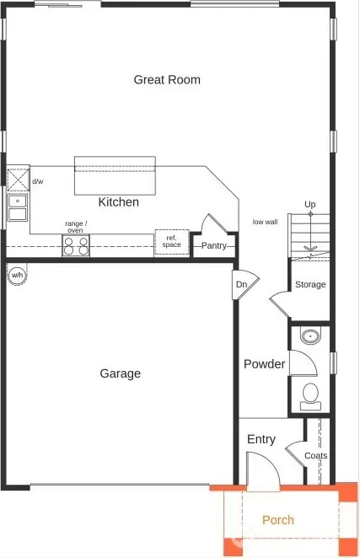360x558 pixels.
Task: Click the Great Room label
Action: coord(167,80)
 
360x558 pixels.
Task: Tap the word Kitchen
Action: coord(119,202)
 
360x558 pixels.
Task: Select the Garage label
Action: coord(120,373)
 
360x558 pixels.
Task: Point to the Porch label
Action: coord(277,520)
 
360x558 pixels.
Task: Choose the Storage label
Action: coord(309,285)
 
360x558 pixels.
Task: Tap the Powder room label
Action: coord(264,364)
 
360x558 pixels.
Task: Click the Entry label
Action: coord(261,439)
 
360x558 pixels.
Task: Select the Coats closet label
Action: coord(315,456)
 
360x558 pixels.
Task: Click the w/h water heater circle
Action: coord(17,275)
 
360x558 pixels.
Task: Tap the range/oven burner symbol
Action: coord(76,245)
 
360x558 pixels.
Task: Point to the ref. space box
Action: coord(171,242)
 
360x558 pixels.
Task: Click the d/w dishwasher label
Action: coord(37,181)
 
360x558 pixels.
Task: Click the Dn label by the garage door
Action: coord(241,285)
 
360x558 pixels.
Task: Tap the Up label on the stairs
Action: coord(310,205)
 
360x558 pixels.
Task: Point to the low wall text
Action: coord(265,223)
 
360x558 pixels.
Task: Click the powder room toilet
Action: coord(310,394)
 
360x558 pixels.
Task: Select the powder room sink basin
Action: coord(311,337)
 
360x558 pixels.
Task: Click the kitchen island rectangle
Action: coord(115,175)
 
